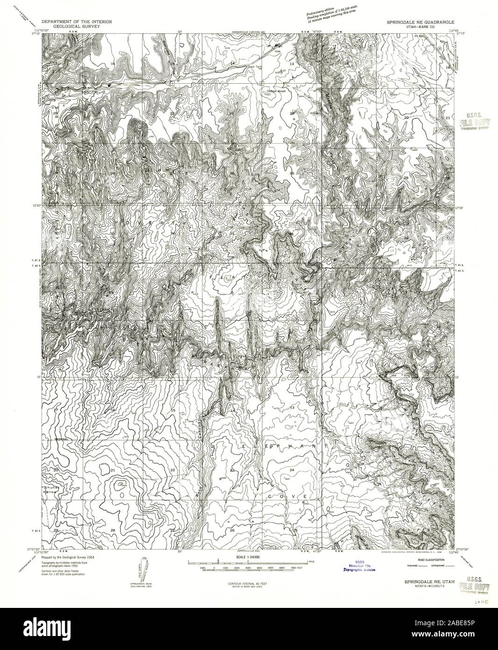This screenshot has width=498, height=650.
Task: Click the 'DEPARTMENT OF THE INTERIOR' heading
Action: (x=76, y=22)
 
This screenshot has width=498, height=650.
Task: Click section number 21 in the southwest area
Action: (x=113, y=469)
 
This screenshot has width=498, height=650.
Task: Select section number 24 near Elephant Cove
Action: (x=292, y=469)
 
